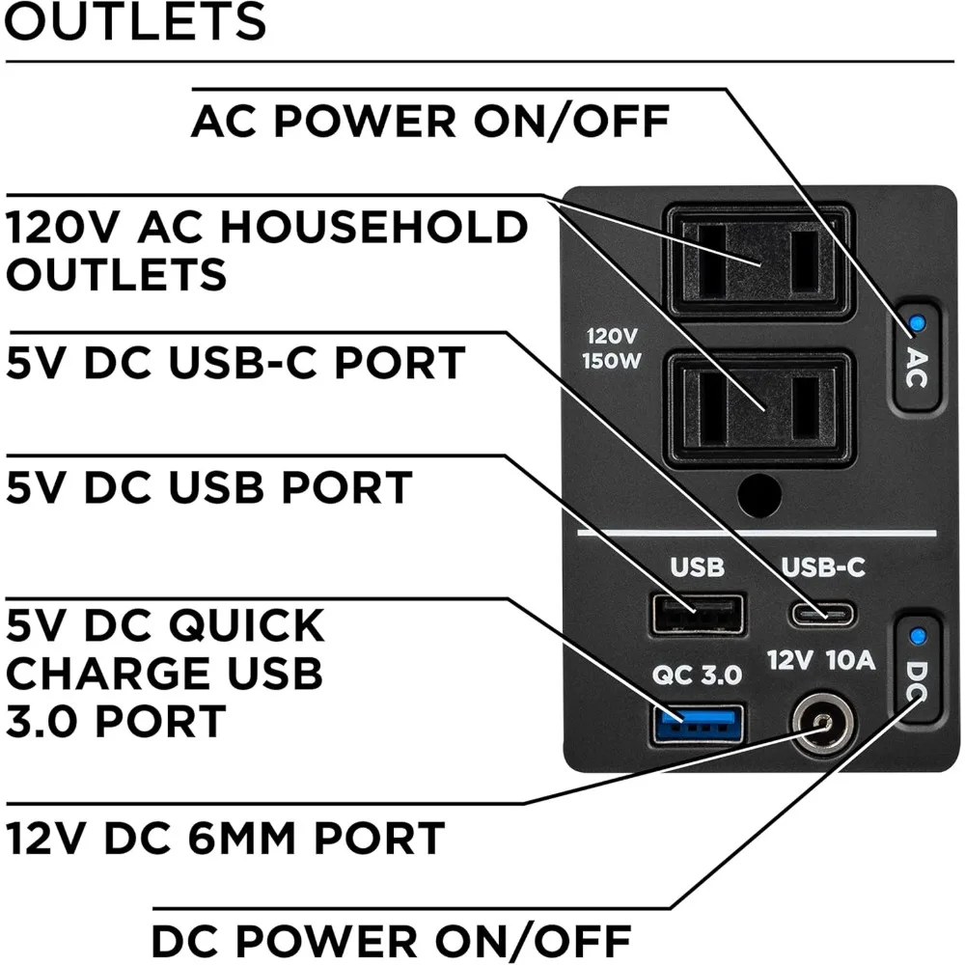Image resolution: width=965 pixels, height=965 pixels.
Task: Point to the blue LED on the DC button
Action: [917, 636]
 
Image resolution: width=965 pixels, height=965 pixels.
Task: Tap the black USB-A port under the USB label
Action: [698, 614]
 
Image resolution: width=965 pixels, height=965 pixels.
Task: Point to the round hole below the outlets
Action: [758, 495]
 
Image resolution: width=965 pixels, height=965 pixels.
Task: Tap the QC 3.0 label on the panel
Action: [697, 675]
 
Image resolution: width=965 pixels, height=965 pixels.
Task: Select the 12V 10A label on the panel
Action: [822, 661]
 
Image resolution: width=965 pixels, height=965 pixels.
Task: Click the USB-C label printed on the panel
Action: [822, 567]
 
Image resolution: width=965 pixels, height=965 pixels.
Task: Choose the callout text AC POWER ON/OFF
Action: [429, 123]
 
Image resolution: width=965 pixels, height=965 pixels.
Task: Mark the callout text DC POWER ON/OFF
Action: [391, 939]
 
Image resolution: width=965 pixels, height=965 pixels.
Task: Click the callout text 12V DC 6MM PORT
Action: [225, 838]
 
